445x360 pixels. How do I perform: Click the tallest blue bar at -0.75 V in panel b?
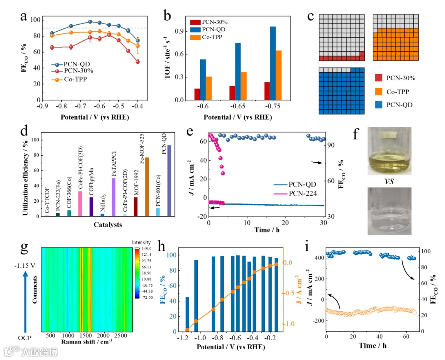(x=273, y=63)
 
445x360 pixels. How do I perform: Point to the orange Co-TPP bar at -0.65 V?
(x=244, y=86)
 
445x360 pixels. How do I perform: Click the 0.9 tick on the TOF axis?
(x=179, y=31)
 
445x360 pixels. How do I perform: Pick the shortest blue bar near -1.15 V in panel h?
(x=187, y=314)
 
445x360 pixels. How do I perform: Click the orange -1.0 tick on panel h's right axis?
(x=288, y=323)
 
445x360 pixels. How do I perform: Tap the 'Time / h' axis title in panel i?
(x=373, y=346)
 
